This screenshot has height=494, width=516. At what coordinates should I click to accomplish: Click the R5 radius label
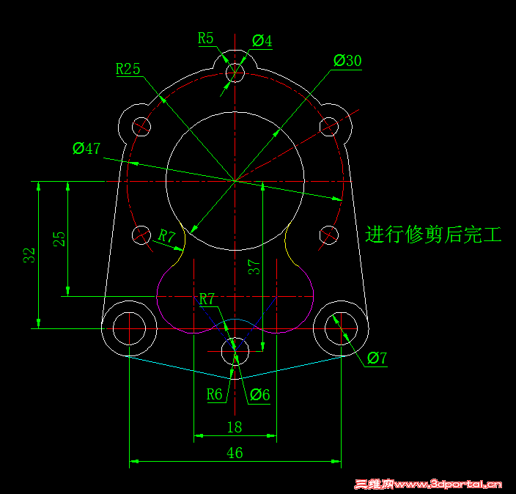206,39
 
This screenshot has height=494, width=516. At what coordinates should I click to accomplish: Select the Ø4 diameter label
262,41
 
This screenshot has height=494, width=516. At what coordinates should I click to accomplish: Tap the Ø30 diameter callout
347,61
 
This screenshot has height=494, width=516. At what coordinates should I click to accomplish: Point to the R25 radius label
128,69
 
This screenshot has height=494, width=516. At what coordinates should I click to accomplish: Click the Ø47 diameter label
86,149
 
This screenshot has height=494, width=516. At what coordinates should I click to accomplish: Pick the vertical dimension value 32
29,255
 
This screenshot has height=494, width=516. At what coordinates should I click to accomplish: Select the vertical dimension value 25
59,239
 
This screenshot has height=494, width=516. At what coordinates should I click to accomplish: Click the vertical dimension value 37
254,267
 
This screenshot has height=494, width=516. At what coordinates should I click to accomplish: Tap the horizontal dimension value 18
235,427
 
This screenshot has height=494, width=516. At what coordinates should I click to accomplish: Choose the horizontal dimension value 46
235,453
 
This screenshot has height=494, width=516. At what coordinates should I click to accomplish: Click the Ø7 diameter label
377,358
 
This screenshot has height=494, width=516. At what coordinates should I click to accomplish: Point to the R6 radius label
215,394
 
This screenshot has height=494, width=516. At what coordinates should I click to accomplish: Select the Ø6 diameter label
260,395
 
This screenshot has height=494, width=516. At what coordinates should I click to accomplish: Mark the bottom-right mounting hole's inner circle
325,328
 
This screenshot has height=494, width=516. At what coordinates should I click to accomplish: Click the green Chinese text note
433,235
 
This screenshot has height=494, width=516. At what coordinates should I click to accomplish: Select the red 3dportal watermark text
428,484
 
